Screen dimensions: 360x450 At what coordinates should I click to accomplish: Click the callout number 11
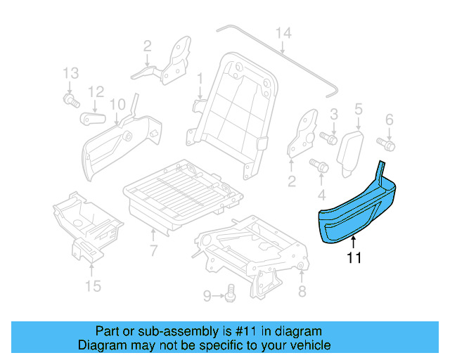354,259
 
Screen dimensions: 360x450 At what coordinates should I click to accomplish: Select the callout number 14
283,32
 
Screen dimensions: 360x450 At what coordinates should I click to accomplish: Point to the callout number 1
199,77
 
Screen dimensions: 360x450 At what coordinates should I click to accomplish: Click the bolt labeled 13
70,101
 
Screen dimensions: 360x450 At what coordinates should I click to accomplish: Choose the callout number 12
96,91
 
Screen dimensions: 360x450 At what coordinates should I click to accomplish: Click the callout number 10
117,104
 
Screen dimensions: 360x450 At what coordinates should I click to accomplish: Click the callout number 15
93,285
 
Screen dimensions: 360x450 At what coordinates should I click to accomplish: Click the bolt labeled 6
387,143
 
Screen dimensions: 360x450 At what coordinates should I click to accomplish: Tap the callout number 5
358,108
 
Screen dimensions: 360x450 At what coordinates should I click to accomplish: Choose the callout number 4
321,193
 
